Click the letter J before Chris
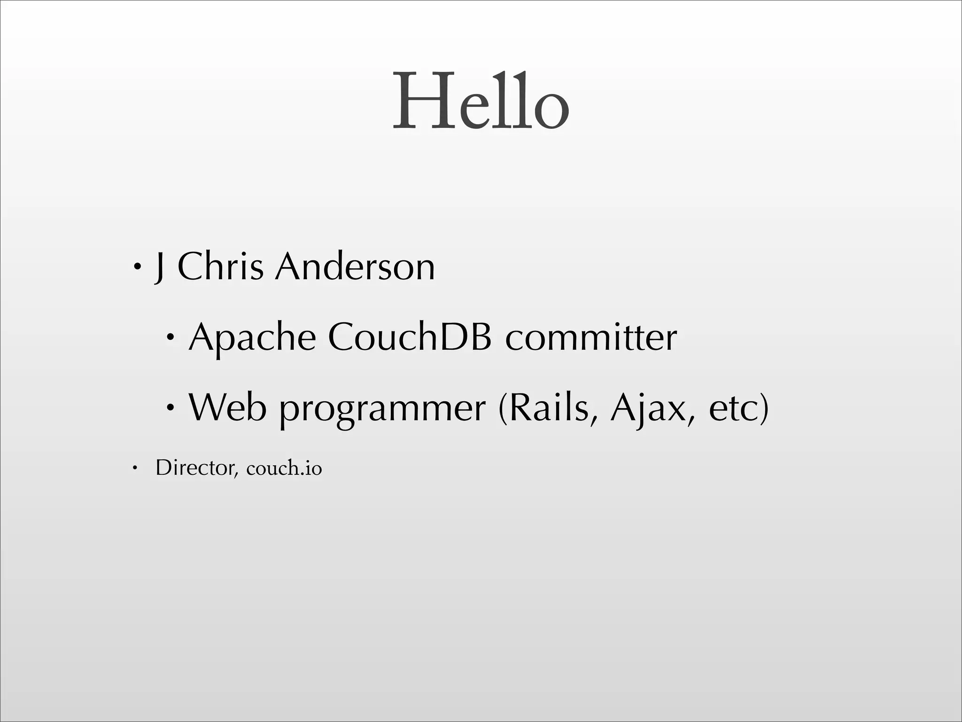tap(160, 267)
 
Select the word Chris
tap(220, 267)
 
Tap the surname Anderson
tap(355, 267)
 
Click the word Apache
tap(252, 337)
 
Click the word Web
tap(227, 407)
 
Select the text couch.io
tap(284, 468)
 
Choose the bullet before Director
tap(134, 468)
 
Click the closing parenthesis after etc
tap(764, 408)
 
